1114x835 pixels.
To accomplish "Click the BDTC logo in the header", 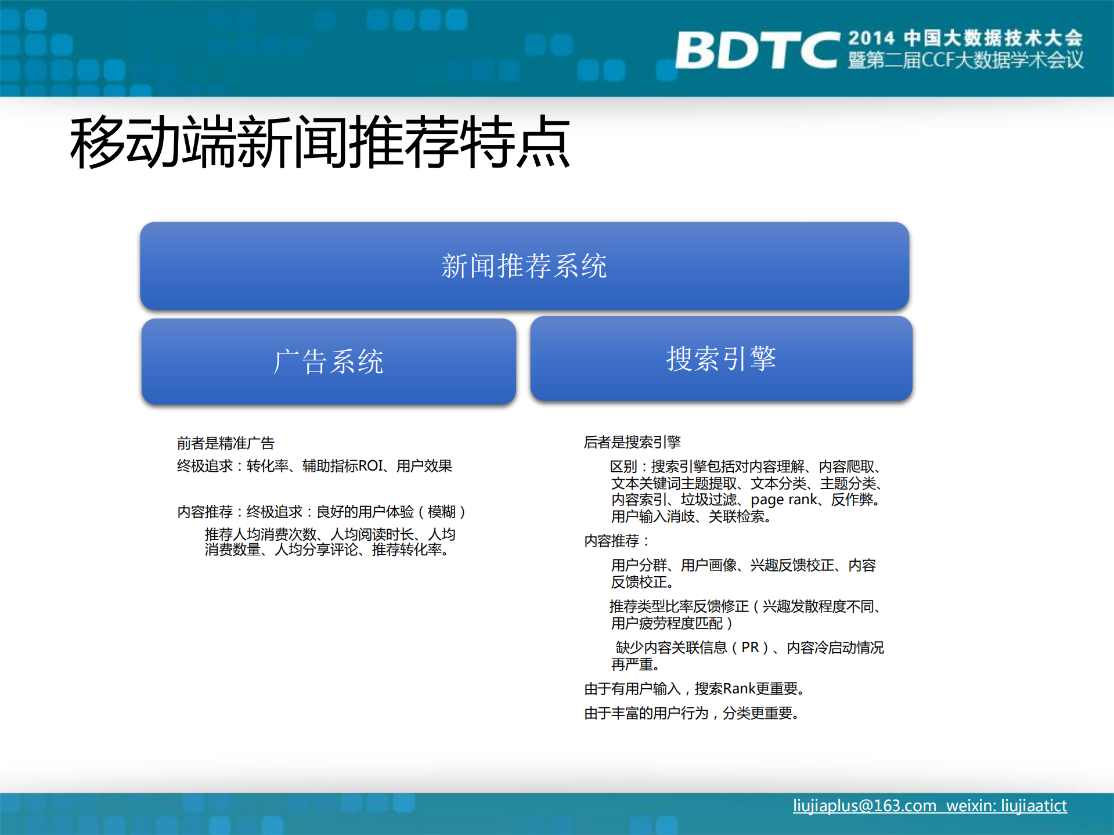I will point(758,50).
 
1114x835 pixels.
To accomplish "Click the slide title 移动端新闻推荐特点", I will point(320,142).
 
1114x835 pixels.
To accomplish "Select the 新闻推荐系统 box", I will point(524,266).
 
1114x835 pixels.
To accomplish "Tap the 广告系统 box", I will point(329,362).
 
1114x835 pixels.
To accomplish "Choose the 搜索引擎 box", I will point(721,359).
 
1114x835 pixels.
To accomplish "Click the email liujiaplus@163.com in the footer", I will point(864,805).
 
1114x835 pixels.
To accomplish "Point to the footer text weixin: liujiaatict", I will point(1007,805).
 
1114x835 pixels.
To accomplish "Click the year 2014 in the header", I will point(871,38).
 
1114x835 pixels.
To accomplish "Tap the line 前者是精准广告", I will point(225,443).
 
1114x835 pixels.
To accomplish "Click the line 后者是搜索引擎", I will point(632,442).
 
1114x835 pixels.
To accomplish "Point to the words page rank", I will point(784,500).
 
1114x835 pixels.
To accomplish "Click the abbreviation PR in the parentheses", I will point(750,648).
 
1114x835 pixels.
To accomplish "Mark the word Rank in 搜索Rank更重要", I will point(739,689).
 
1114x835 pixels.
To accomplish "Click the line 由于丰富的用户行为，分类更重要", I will point(691,713).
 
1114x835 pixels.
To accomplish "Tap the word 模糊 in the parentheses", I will point(441,512).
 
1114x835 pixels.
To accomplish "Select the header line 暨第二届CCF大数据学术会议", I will point(965,60).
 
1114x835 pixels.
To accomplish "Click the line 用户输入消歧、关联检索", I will point(690,516).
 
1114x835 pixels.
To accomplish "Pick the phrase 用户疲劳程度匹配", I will point(667,623).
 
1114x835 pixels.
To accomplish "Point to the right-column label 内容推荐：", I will point(616,541).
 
